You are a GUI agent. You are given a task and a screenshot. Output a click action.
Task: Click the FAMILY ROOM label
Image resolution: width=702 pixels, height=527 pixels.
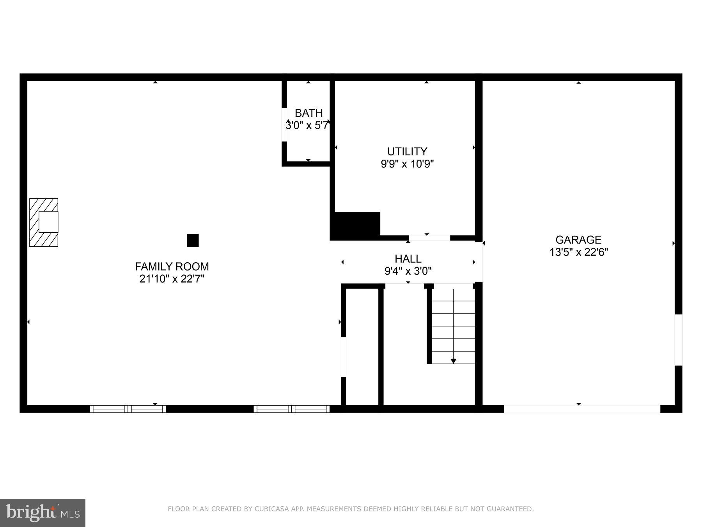pos(172,267)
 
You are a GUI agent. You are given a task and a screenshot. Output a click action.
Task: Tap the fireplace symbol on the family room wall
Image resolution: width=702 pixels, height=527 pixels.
pos(44,223)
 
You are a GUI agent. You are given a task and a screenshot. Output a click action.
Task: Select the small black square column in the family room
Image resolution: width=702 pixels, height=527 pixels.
pos(193,240)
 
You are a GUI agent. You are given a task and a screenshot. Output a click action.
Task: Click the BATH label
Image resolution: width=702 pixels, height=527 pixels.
pos(308,113)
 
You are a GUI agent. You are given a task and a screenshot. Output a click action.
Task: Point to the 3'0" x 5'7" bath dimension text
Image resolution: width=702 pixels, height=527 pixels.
pos(307,126)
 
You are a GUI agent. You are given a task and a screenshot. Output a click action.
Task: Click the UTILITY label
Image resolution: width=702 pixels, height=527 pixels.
pos(407,151)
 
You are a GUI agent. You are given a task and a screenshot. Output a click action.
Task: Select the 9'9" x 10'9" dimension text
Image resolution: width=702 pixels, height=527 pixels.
pos(407,164)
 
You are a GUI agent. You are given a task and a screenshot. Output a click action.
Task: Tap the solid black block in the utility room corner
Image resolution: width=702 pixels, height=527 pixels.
pos(355,225)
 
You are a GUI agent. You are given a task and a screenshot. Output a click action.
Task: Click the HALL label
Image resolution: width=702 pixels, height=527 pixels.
pos(408,259)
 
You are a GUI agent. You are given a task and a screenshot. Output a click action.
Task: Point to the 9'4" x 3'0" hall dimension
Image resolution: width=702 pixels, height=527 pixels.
pos(408,271)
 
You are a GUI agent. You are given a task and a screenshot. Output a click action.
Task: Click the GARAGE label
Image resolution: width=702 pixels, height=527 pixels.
pos(578,240)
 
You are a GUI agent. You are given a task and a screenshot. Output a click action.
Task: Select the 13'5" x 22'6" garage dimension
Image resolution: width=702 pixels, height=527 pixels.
pos(578,252)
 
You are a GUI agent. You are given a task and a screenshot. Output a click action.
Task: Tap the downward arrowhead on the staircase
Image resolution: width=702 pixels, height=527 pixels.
pos(453,361)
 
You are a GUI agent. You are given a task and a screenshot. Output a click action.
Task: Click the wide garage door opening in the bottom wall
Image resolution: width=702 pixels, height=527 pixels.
pos(582,409)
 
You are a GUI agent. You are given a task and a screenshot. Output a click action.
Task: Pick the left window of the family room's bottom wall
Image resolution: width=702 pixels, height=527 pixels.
pos(128,409)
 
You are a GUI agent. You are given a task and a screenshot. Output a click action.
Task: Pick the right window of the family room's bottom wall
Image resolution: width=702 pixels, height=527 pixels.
pos(291,409)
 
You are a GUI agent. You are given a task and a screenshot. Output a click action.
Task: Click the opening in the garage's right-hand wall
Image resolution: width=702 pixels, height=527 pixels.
pos(678,340)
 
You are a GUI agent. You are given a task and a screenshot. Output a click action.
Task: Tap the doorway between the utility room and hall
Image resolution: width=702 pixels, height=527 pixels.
pos(429,238)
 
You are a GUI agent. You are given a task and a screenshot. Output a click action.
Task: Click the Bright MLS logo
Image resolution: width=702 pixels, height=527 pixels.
pos(43,513)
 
